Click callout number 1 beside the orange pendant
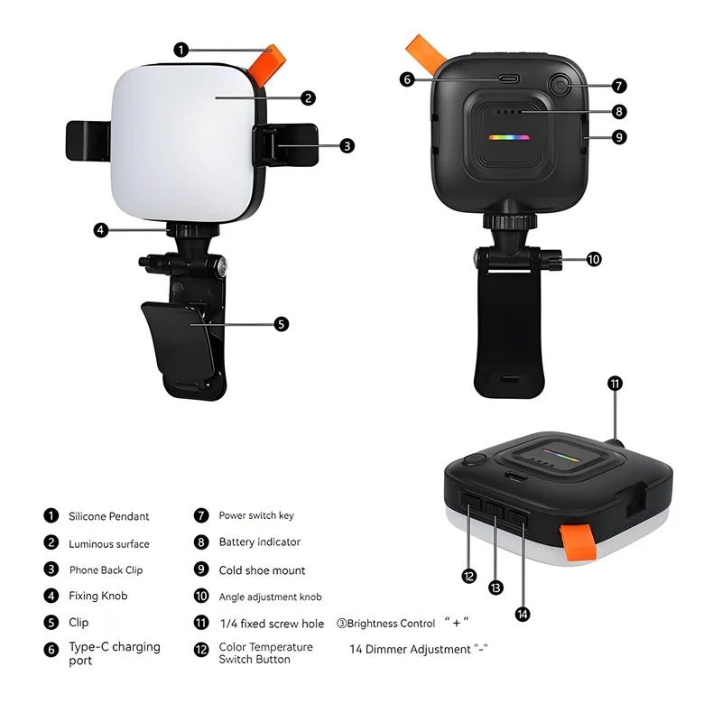click(182, 50)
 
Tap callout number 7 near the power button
click(618, 86)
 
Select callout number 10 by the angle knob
click(593, 259)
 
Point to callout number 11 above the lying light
click(615, 384)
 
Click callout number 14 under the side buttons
click(523, 614)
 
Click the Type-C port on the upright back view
click(509, 79)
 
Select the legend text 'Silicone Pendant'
click(109, 516)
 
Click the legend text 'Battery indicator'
click(260, 542)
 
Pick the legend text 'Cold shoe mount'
click(262, 570)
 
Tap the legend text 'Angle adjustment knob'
click(270, 597)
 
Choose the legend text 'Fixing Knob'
click(98, 596)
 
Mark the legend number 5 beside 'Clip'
click(51, 623)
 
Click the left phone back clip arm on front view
click(88, 142)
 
